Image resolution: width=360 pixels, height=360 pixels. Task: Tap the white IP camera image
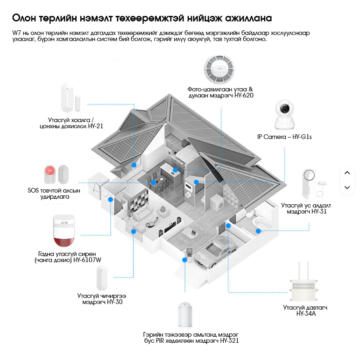click(286, 115)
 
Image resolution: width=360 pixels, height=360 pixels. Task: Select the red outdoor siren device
click(64, 232)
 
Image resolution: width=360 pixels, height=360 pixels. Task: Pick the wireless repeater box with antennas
click(305, 284)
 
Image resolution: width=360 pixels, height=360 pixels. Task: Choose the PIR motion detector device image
click(186, 315)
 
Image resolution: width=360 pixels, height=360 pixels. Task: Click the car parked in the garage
click(216, 251)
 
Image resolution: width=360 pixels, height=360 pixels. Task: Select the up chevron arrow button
click(346, 173)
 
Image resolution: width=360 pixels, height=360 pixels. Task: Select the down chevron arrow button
click(346, 187)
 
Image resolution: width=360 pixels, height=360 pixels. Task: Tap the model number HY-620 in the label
click(244, 95)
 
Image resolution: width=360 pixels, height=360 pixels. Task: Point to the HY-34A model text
click(306, 314)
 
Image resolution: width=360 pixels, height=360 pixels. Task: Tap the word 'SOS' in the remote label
click(34, 191)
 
